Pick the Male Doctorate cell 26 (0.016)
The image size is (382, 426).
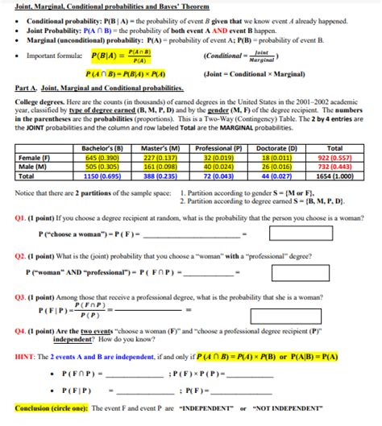pos(276,166)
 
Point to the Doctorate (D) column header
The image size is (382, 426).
pos(276,149)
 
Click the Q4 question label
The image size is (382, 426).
pos(23,331)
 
